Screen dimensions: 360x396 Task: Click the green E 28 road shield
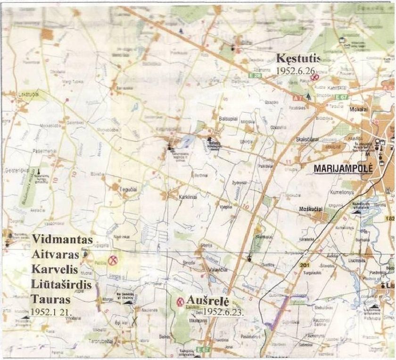255,75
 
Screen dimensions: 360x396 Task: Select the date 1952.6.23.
222,311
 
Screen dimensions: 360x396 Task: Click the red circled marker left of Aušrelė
180,301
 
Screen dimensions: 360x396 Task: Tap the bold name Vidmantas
62,239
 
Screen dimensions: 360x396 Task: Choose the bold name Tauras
50,299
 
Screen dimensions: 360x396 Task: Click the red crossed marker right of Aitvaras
113,260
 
